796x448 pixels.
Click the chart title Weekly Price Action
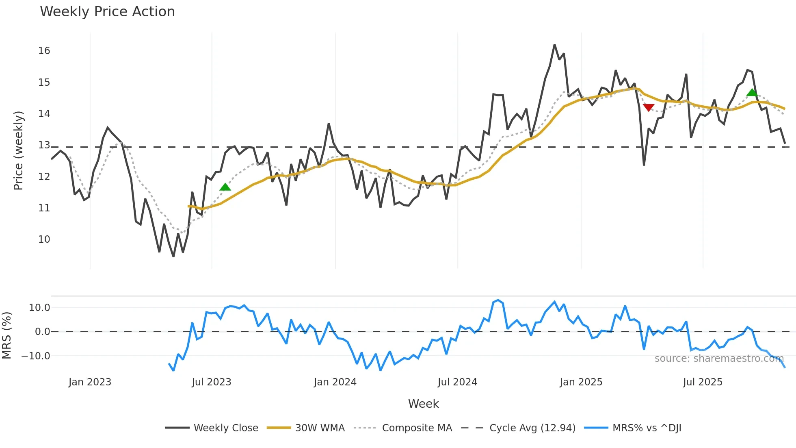[107, 12]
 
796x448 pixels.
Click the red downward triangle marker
[649, 107]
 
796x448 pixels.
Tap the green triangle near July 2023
[225, 187]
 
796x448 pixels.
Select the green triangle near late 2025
[752, 93]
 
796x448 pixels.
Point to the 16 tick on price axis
[44, 51]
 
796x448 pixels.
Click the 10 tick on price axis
[44, 239]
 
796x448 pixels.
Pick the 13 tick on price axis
[44, 145]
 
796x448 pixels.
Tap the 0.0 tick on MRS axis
[42, 332]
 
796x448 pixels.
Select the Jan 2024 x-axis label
[335, 382]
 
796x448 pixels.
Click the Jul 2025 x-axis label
[703, 382]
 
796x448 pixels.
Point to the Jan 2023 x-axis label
[90, 382]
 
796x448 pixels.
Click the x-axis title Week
[423, 404]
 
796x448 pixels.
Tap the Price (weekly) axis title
[19, 150]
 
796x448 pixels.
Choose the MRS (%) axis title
[7, 335]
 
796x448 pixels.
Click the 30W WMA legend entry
[320, 428]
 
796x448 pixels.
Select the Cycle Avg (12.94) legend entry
[532, 428]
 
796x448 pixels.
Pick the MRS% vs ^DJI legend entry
[647, 428]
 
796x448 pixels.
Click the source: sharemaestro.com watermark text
[719, 359]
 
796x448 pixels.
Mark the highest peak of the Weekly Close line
[554, 45]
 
